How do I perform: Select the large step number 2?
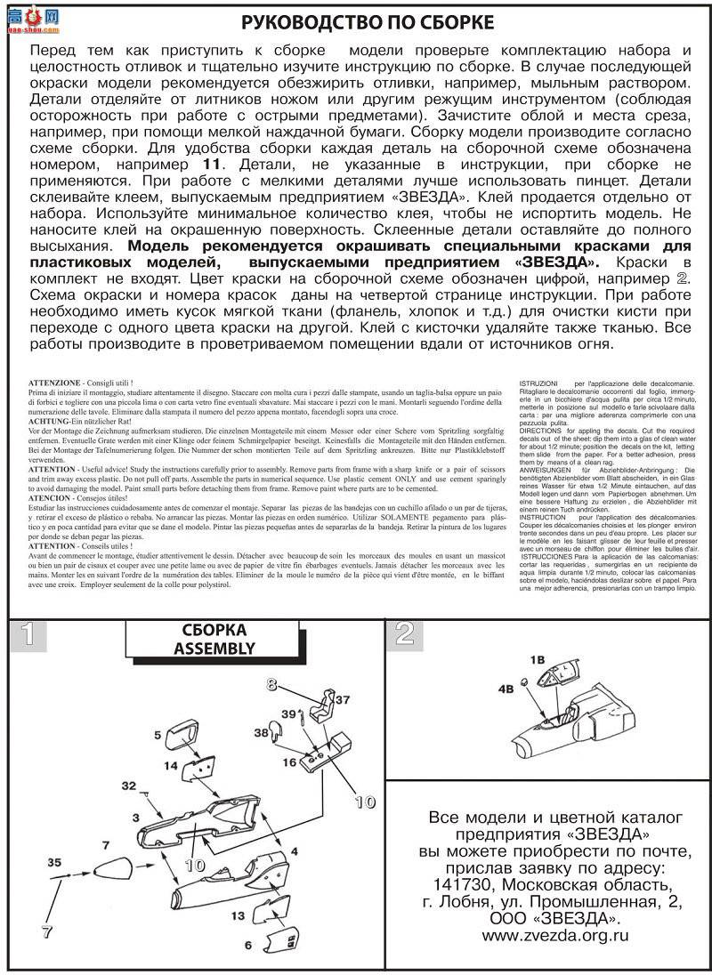tap(405, 633)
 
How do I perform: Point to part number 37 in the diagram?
tap(343, 699)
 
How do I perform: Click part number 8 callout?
tap(272, 683)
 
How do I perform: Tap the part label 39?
tap(288, 715)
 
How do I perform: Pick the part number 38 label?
tap(260, 733)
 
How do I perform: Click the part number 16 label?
tap(290, 763)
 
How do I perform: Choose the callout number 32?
tap(130, 786)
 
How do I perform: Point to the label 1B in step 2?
tap(537, 659)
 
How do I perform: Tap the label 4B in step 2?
tap(506, 688)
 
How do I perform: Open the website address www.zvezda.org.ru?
tap(555, 959)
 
